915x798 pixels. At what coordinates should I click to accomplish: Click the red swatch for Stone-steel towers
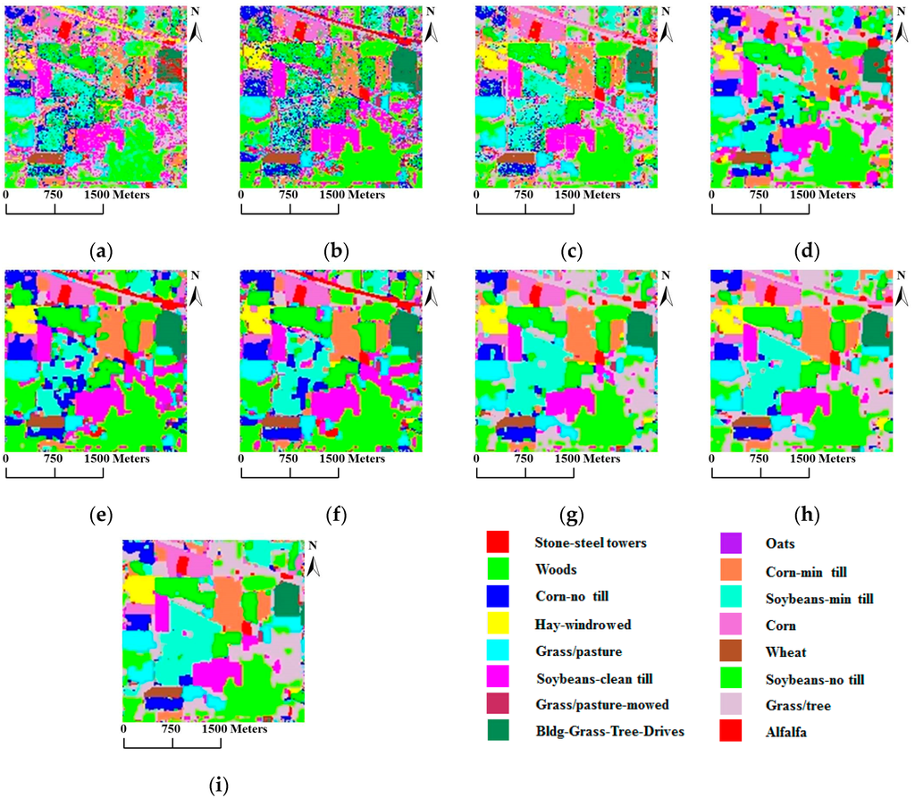(498, 542)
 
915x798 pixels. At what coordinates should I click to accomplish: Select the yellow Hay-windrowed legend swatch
(498, 624)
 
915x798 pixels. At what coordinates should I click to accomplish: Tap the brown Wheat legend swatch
(734, 651)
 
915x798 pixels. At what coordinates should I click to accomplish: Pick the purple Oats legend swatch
(734, 542)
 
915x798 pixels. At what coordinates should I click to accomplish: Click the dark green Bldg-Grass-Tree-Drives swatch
(498, 732)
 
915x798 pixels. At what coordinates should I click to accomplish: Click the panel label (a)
(103, 252)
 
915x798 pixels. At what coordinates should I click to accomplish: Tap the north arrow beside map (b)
(431, 32)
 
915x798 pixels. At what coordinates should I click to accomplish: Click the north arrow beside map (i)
(314, 566)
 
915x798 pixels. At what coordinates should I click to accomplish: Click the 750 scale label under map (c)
(524, 194)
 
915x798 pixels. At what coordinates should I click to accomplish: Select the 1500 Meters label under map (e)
(117, 458)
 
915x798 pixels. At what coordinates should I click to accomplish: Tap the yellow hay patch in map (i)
(138, 591)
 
